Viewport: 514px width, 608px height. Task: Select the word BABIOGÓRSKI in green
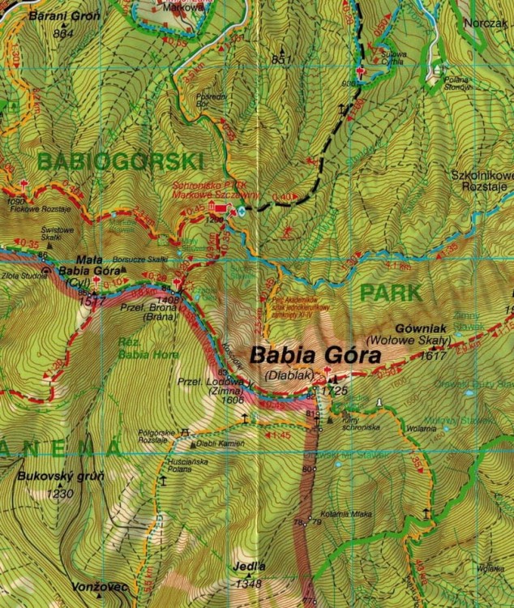pos(119,161)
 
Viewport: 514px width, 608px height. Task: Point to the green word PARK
pos(392,293)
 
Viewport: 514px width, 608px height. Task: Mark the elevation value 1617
pos(435,354)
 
